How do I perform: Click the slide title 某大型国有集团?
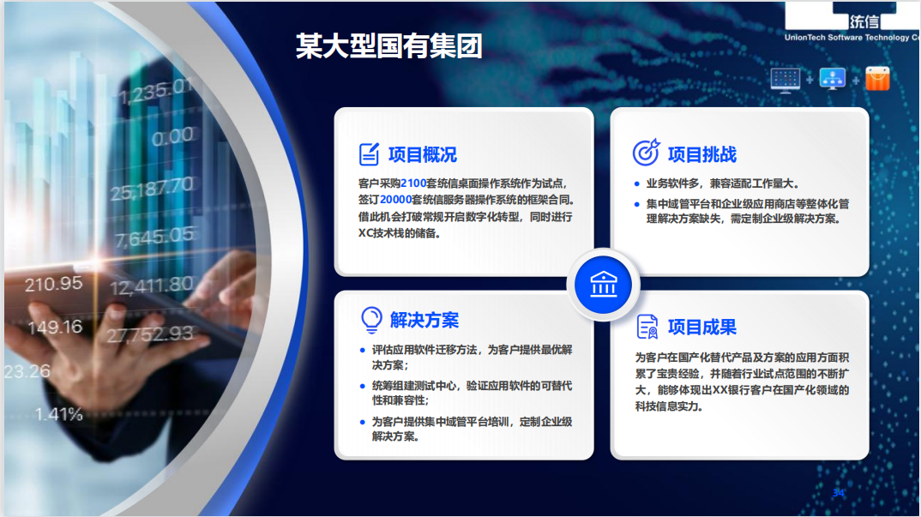(388, 45)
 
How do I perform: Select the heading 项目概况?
(422, 154)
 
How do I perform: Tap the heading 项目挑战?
(702, 154)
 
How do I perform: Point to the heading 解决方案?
(424, 320)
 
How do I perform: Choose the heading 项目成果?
(702, 327)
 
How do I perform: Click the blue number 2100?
(413, 183)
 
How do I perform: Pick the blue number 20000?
(396, 200)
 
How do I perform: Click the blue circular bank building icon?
(603, 285)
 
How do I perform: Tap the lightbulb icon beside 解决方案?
(371, 320)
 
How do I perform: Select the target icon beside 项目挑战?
(646, 153)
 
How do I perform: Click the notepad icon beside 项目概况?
(369, 154)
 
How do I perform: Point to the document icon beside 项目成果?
(647, 327)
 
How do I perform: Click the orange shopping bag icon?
(877, 79)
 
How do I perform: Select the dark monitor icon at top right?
(786, 80)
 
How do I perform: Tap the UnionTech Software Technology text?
(852, 37)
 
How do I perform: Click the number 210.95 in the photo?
(53, 285)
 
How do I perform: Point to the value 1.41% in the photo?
(58, 414)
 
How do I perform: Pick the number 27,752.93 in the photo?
(150, 334)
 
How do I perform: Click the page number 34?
(838, 493)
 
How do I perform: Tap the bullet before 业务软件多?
(636, 183)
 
